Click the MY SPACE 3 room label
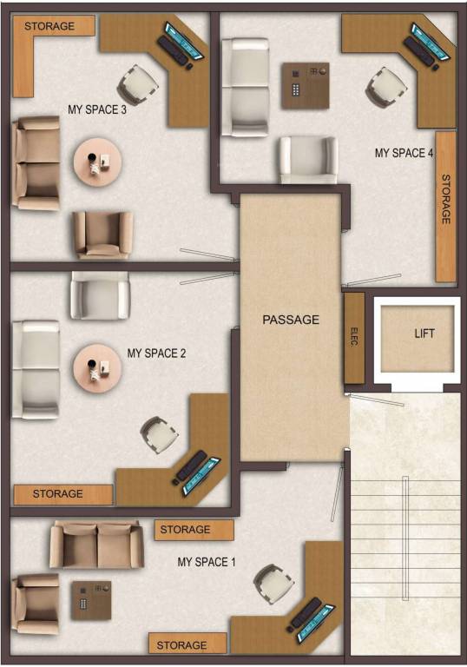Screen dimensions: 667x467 (98, 109)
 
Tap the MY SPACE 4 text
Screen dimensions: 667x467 (404, 153)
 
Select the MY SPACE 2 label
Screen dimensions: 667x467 (156, 353)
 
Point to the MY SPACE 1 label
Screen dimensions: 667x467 (207, 562)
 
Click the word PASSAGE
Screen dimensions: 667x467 (291, 320)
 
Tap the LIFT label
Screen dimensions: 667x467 (424, 333)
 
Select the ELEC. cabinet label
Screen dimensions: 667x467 (354, 337)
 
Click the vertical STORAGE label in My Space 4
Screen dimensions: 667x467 (446, 200)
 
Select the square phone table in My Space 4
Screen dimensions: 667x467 (305, 85)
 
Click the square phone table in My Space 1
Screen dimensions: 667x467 (91, 599)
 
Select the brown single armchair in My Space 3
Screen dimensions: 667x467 (103, 234)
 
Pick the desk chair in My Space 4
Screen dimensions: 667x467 (385, 85)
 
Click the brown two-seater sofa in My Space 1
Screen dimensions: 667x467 (95, 545)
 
